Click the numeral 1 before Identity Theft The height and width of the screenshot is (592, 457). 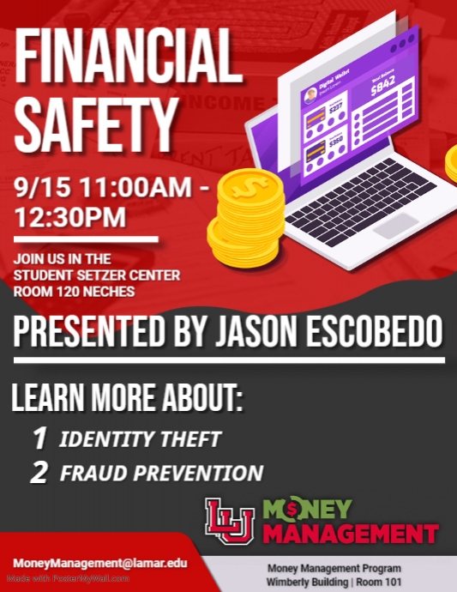click(x=39, y=438)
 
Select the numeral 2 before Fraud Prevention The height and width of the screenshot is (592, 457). click(x=39, y=473)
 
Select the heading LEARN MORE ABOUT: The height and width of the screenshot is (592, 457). click(x=128, y=400)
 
